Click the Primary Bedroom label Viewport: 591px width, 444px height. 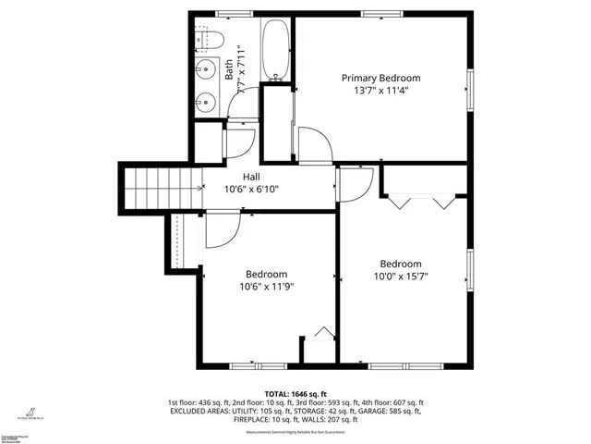[380, 78]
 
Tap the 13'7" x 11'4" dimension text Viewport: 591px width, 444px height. [380, 92]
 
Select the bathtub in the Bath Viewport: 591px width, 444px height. [274, 51]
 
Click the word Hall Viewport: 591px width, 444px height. [251, 176]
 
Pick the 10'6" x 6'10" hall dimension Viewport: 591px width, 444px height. [251, 189]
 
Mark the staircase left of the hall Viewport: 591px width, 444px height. [163, 189]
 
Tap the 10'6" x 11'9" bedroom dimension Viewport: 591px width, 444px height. [266, 287]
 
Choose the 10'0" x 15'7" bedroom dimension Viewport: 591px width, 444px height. [400, 276]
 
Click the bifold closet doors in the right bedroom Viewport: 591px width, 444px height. [421, 199]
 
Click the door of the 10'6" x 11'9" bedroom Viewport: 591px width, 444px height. [220, 229]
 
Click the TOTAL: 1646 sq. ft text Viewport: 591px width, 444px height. [295, 393]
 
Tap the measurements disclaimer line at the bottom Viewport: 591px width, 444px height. [295, 432]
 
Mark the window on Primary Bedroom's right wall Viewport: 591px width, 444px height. [469, 92]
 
